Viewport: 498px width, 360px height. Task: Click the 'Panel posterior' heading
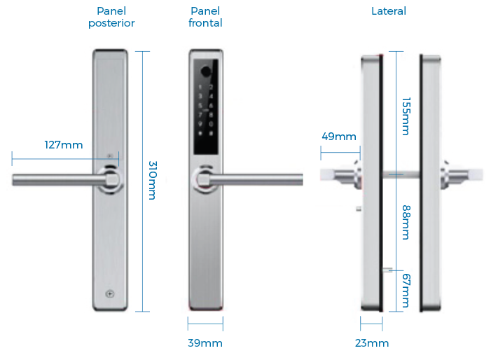(111, 17)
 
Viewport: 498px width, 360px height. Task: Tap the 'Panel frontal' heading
(205, 17)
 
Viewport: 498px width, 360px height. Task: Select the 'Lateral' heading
(389, 11)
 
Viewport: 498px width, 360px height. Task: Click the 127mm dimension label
(64, 145)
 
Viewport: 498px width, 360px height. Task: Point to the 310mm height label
(153, 180)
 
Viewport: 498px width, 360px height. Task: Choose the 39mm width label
(205, 343)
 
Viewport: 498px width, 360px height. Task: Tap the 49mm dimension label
(339, 137)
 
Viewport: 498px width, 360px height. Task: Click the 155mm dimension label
(406, 116)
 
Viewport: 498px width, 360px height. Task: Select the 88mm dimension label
(406, 222)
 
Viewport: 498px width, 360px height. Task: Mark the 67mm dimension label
(406, 291)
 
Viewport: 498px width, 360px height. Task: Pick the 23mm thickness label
(372, 343)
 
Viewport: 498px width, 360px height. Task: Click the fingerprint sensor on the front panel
(206, 71)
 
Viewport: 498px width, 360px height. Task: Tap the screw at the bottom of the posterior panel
(110, 294)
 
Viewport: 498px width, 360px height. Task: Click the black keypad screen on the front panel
(206, 107)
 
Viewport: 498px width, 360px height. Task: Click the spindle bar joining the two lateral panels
(401, 174)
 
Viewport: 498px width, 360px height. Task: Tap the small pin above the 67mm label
(387, 270)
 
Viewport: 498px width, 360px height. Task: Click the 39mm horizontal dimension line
(205, 324)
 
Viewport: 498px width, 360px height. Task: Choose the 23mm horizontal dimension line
(371, 324)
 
